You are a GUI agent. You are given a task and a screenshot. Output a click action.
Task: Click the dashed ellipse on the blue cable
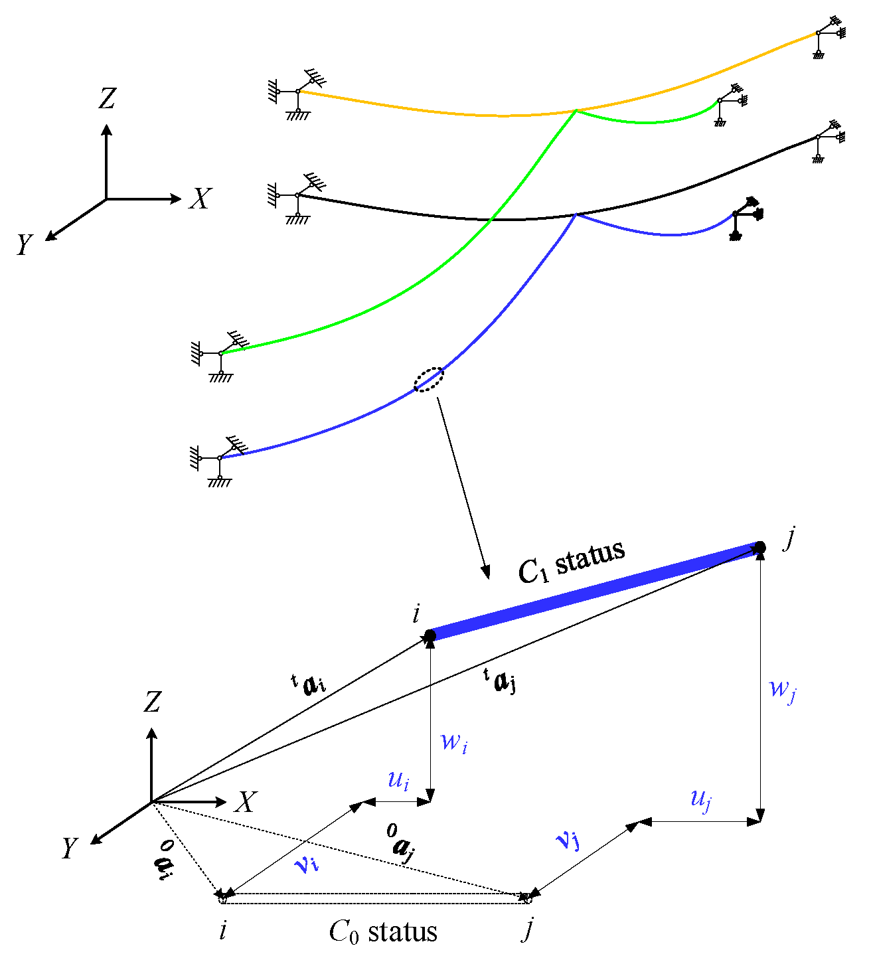429,380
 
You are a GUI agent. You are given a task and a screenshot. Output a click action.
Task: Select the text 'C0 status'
383,932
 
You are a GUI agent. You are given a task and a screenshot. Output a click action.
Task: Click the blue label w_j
782,688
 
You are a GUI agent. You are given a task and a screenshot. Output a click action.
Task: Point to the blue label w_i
454,741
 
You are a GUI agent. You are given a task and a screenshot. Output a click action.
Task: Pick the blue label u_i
398,779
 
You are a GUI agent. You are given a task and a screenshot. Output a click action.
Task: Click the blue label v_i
306,864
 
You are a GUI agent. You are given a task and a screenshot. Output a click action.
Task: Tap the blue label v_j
568,840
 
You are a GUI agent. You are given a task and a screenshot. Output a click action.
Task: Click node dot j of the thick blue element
760,548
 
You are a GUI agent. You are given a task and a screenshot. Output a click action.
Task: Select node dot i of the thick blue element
430,636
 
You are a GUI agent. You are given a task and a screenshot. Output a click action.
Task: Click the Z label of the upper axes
107,99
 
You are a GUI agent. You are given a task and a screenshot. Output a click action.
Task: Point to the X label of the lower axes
245,802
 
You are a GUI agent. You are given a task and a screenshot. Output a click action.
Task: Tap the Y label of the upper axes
24,245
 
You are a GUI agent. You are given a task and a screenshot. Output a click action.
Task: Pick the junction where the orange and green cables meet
576,110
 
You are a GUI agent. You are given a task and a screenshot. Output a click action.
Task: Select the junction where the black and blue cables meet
577,214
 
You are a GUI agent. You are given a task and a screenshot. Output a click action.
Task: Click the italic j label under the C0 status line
528,929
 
